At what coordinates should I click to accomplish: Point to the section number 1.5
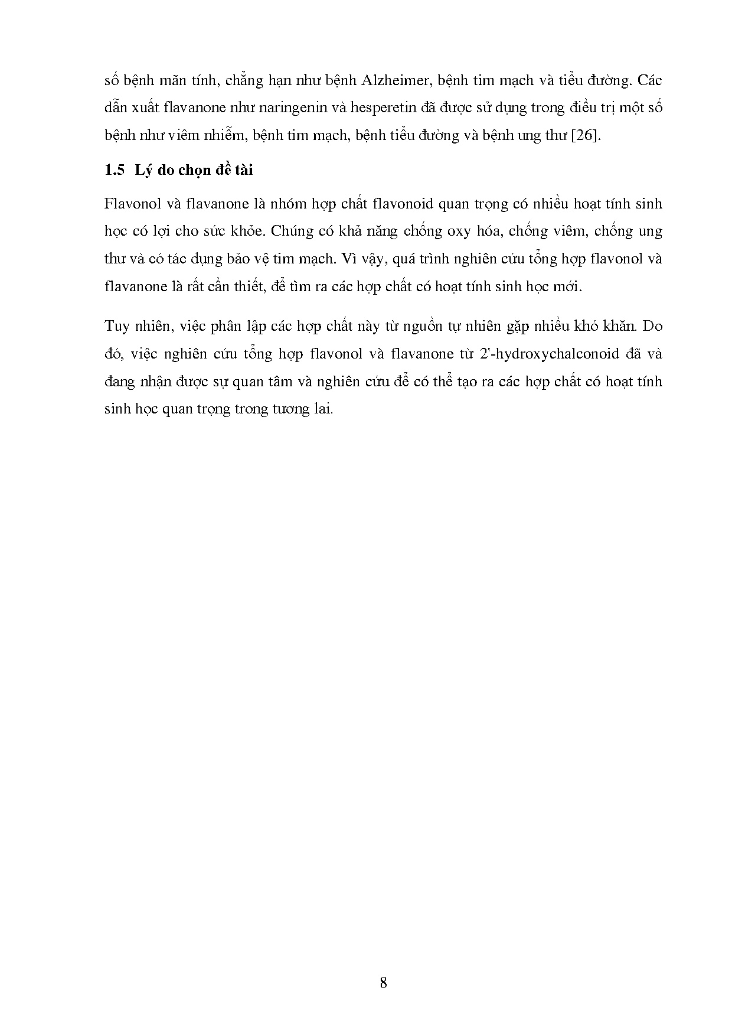[115, 171]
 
